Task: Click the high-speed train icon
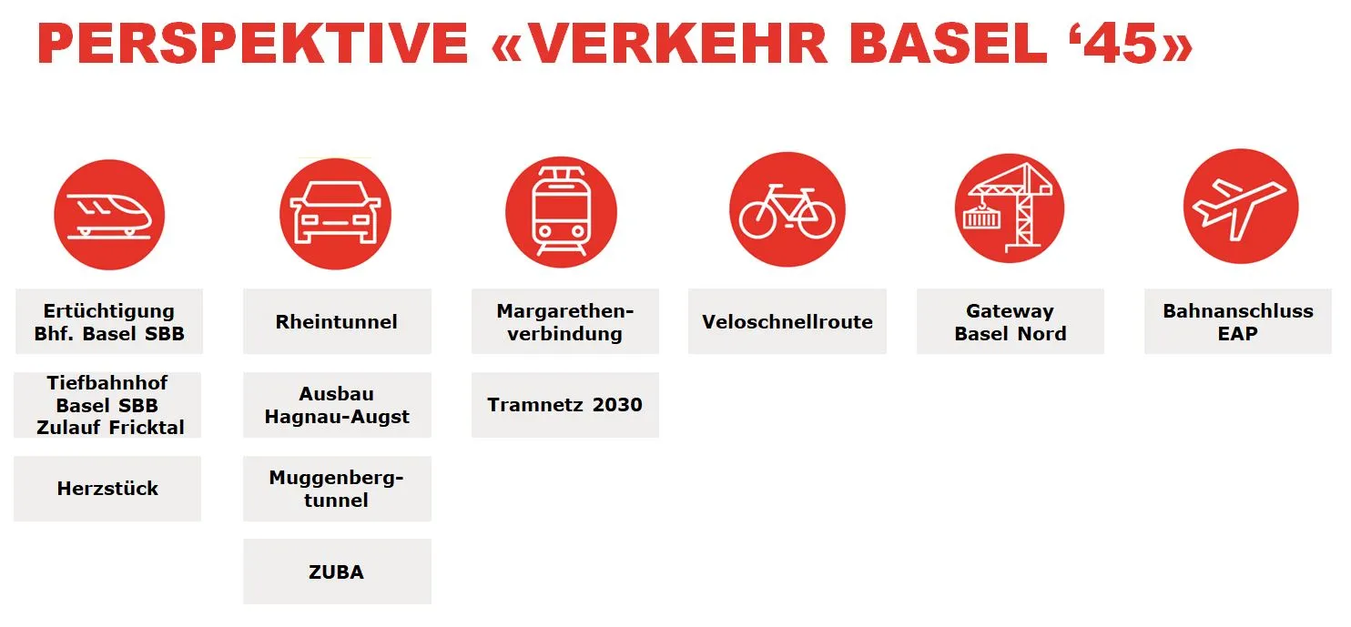tap(109, 214)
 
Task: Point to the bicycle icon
tap(787, 211)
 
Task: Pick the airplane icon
tap(1240, 207)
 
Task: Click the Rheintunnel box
tap(337, 321)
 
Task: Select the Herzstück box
tap(107, 489)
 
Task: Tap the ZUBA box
tap(337, 571)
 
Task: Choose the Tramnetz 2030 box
tap(564, 405)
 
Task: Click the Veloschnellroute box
tap(787, 321)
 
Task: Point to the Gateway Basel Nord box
tap(1010, 321)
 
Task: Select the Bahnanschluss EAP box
tap(1237, 321)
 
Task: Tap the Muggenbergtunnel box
tap(337, 489)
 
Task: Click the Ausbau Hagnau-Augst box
tap(337, 405)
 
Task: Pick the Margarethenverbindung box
tap(564, 321)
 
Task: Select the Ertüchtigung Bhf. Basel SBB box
tap(109, 321)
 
